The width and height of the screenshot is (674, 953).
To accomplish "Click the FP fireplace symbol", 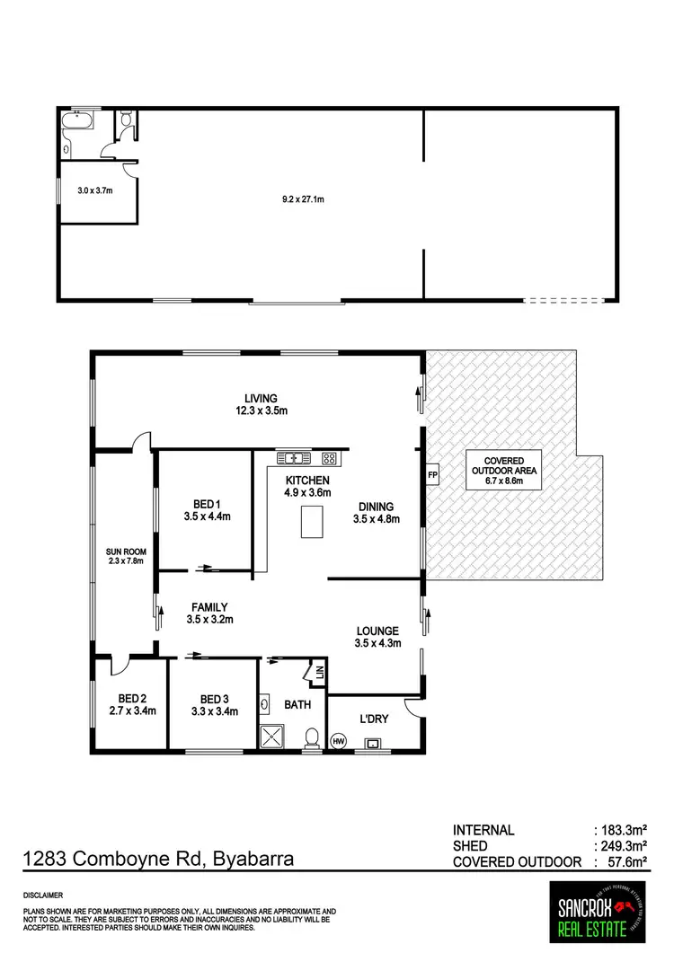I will pos(432,474).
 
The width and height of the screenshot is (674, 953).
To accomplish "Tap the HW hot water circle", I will pos(339,741).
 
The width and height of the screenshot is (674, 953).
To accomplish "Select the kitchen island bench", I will pos(311,522).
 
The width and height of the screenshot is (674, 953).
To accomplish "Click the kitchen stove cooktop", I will pos(330,459).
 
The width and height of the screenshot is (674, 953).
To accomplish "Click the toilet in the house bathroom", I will pos(312,737).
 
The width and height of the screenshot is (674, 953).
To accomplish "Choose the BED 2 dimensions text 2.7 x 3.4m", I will pos(127,711).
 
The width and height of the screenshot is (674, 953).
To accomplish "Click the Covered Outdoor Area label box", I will pos(503,470).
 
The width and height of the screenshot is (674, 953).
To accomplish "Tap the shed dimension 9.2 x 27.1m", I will pos(303,199).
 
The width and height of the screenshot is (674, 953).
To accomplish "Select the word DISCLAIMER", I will pos(44,896).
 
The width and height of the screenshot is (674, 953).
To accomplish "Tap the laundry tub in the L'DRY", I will pos(374,744).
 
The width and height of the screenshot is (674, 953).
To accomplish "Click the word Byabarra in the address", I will pos(254,860).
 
